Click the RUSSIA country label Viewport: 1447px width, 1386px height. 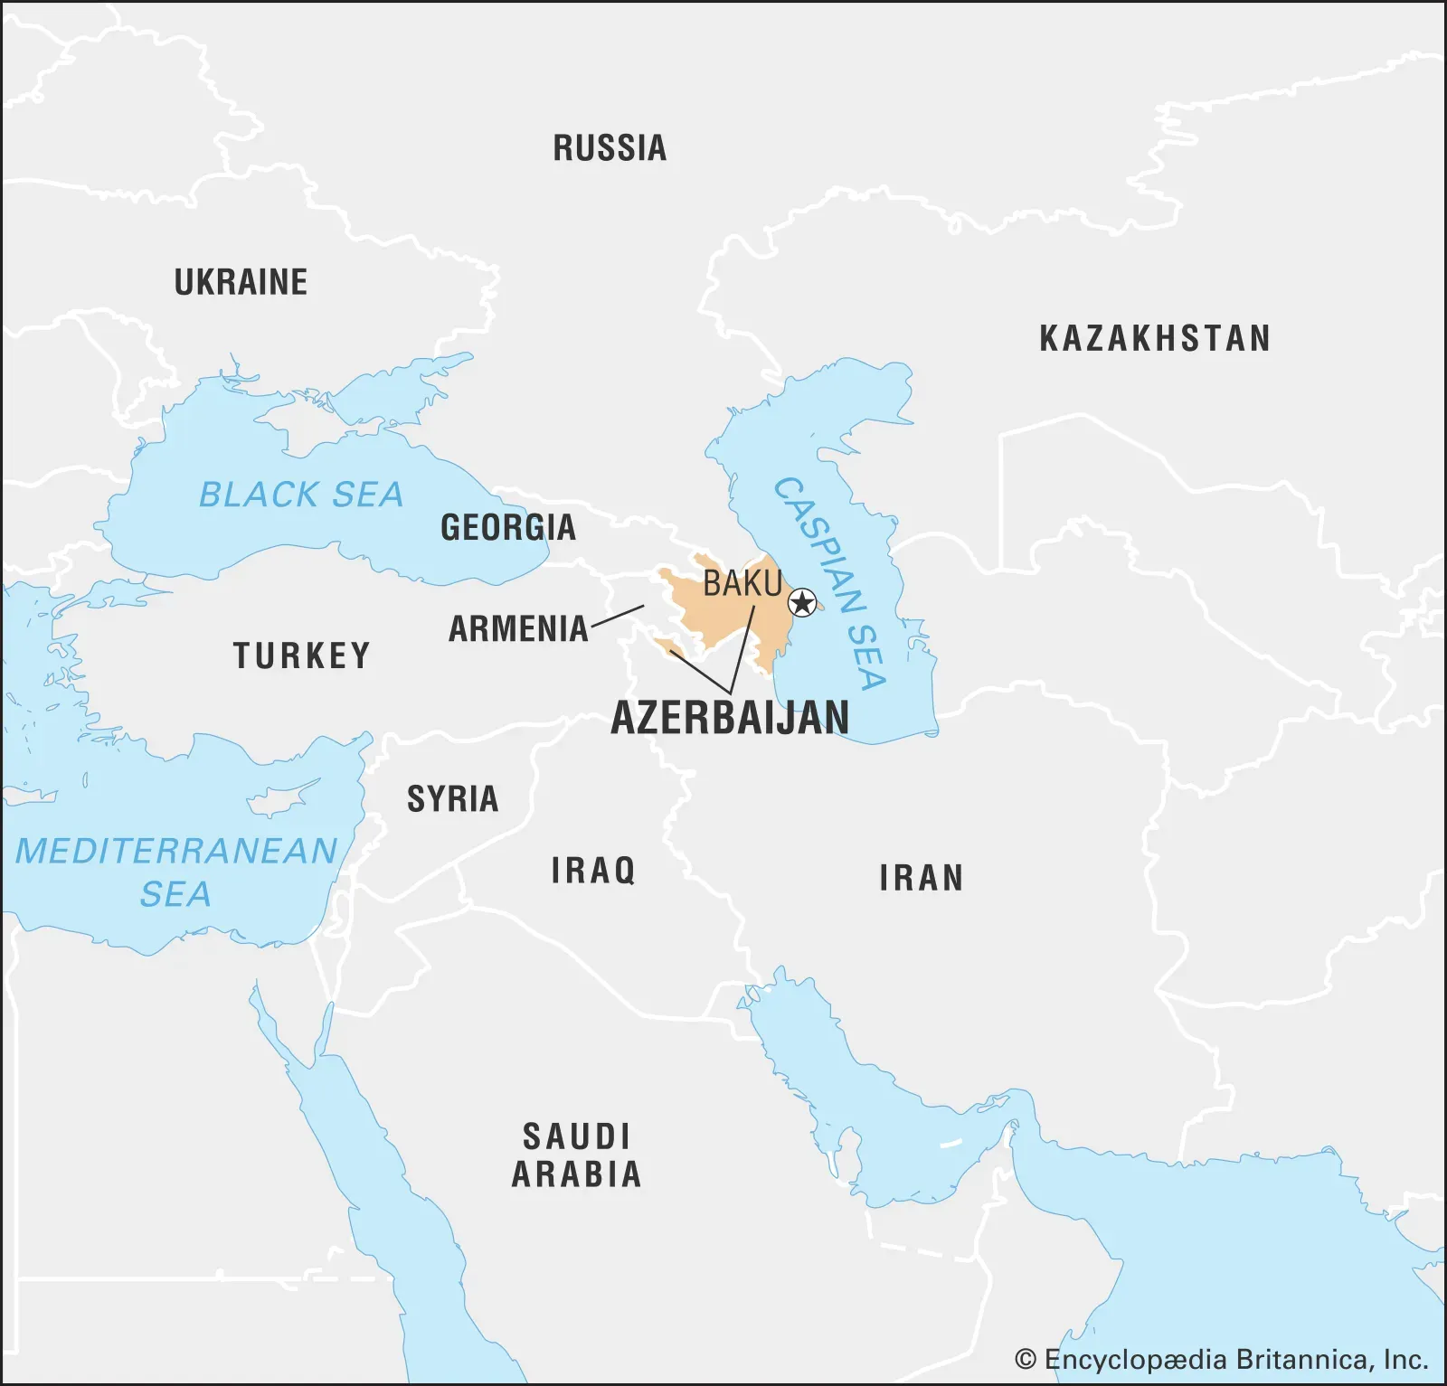(x=610, y=148)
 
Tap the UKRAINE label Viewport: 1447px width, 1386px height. (x=241, y=282)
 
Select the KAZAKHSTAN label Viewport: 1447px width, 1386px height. (x=1155, y=338)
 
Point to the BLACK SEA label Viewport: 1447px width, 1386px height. (x=300, y=495)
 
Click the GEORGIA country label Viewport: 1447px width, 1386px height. (x=507, y=527)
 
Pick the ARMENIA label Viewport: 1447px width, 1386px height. (x=518, y=628)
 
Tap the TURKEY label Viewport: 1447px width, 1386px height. (x=302, y=655)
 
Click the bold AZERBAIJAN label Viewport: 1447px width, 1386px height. (x=730, y=718)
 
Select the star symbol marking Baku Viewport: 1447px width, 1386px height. (x=802, y=602)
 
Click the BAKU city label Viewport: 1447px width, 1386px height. (x=742, y=583)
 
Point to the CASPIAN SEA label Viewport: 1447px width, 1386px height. (x=830, y=583)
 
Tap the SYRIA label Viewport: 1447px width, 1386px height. (x=452, y=798)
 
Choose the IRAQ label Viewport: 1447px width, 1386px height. (x=593, y=870)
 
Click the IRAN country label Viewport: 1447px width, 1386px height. (x=921, y=878)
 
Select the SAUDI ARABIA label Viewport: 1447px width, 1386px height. (x=576, y=1155)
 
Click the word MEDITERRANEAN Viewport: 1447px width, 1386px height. (x=176, y=851)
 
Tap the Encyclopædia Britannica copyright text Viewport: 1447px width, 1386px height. (x=1221, y=1359)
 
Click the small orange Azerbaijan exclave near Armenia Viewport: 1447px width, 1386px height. (x=668, y=646)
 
